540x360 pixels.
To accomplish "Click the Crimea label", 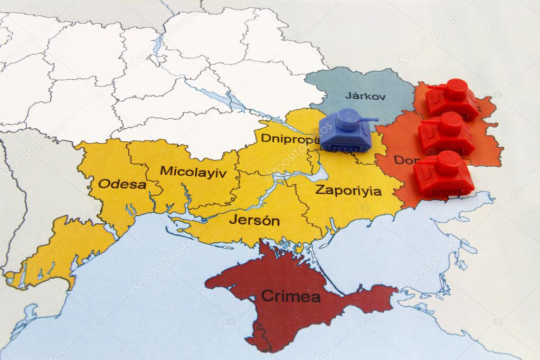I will click(290, 296).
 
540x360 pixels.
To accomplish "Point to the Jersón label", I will click(254, 220).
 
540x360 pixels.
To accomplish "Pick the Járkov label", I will click(365, 96).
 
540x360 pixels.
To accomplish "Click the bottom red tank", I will click(443, 174).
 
